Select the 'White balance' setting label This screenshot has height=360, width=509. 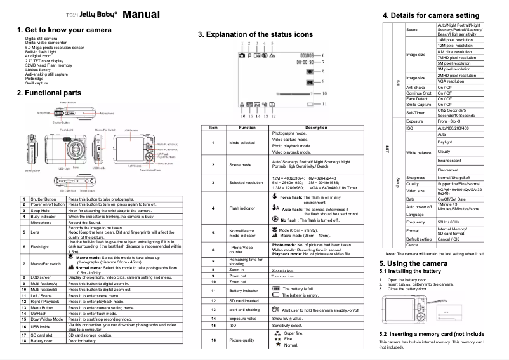click(x=420, y=152)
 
